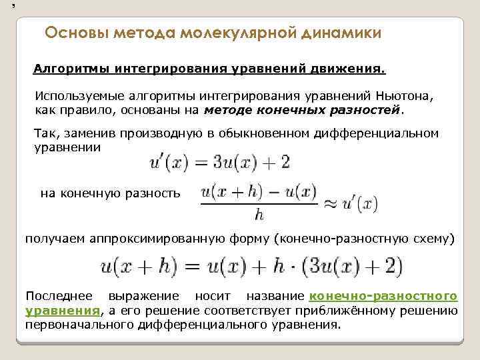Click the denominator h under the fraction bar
click(x=259, y=215)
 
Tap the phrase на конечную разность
click(x=110, y=193)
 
